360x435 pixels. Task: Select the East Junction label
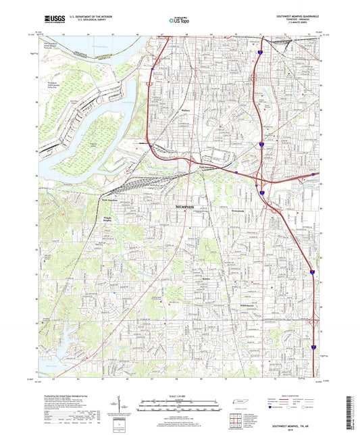207,169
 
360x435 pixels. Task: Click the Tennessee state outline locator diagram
238,403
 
